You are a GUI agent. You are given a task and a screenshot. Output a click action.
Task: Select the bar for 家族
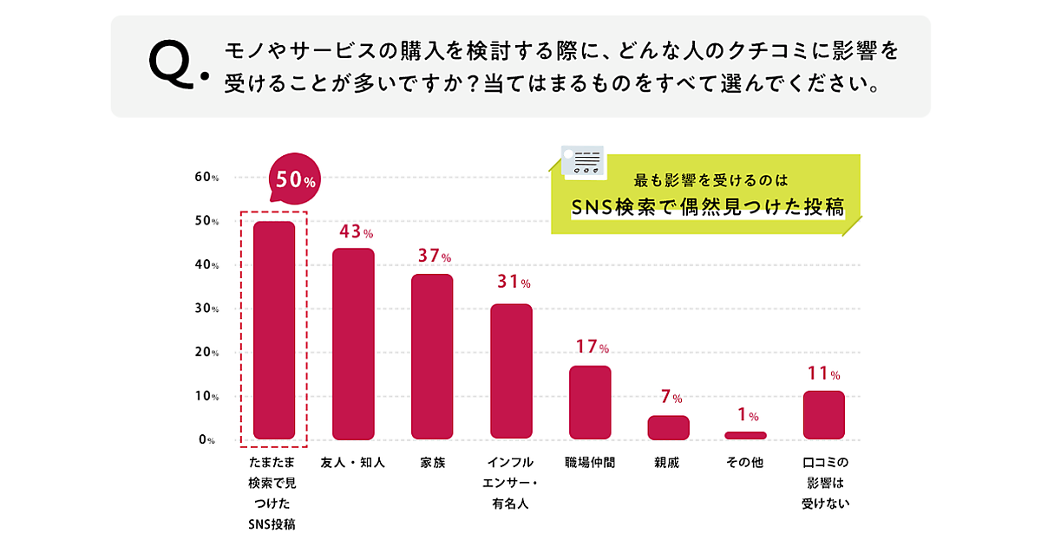(x=432, y=356)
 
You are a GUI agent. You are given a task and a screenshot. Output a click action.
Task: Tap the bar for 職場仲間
(x=590, y=402)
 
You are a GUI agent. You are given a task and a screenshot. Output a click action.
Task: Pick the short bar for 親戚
(x=668, y=427)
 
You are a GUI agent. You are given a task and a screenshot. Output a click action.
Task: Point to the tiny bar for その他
(x=746, y=435)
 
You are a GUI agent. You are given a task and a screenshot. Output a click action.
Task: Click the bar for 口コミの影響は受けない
(x=823, y=415)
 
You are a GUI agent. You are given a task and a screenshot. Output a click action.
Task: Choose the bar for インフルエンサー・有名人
(x=511, y=372)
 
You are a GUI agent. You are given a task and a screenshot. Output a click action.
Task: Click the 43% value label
(x=356, y=232)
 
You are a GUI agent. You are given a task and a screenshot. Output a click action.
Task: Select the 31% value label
(x=514, y=283)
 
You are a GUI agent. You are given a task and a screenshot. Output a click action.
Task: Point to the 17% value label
(x=593, y=348)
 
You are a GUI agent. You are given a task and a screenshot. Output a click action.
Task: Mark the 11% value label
(x=822, y=375)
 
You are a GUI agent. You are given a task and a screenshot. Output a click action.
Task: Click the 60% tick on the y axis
(x=206, y=178)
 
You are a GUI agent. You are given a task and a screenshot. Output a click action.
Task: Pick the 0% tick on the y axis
(x=206, y=440)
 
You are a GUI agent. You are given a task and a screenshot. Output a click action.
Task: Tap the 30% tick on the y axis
(x=206, y=309)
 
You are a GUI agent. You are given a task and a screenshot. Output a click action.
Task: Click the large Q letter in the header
(x=173, y=65)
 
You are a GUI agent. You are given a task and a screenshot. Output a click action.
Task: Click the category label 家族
(x=432, y=463)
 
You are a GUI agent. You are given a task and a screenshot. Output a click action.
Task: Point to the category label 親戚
(x=667, y=463)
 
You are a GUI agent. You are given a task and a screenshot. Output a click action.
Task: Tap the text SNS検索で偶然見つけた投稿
(x=708, y=206)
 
